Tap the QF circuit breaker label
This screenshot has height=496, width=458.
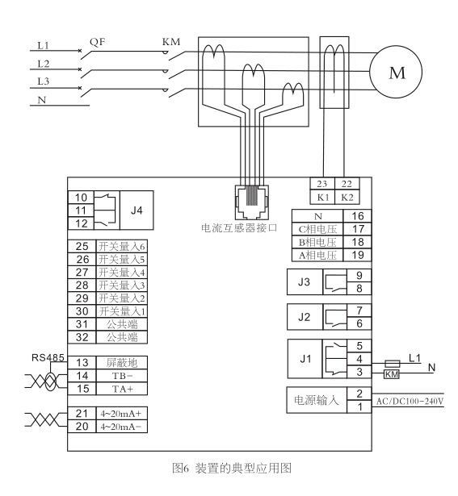(x=97, y=42)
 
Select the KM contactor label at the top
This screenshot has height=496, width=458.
(x=171, y=41)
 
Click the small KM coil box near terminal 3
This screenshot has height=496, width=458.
(x=392, y=374)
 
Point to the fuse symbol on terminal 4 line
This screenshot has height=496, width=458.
(x=392, y=364)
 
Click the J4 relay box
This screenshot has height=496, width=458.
(x=137, y=210)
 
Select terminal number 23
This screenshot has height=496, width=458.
(x=322, y=184)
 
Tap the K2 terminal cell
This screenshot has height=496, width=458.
(x=347, y=198)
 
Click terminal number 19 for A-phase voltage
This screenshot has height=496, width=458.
(x=358, y=255)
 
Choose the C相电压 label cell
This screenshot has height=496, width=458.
(x=317, y=229)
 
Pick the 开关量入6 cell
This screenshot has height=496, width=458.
(x=122, y=247)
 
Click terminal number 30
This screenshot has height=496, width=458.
(x=82, y=311)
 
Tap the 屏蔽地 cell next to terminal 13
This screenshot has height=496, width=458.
(x=122, y=363)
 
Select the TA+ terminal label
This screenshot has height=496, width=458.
(x=123, y=389)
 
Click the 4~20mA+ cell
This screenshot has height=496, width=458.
(x=122, y=414)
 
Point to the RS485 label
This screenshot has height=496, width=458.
(x=48, y=358)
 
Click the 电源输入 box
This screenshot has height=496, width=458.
(x=317, y=400)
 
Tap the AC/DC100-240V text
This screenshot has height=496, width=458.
(x=410, y=401)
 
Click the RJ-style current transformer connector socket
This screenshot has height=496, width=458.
(x=252, y=202)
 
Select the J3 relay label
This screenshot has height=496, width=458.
(x=304, y=281)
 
